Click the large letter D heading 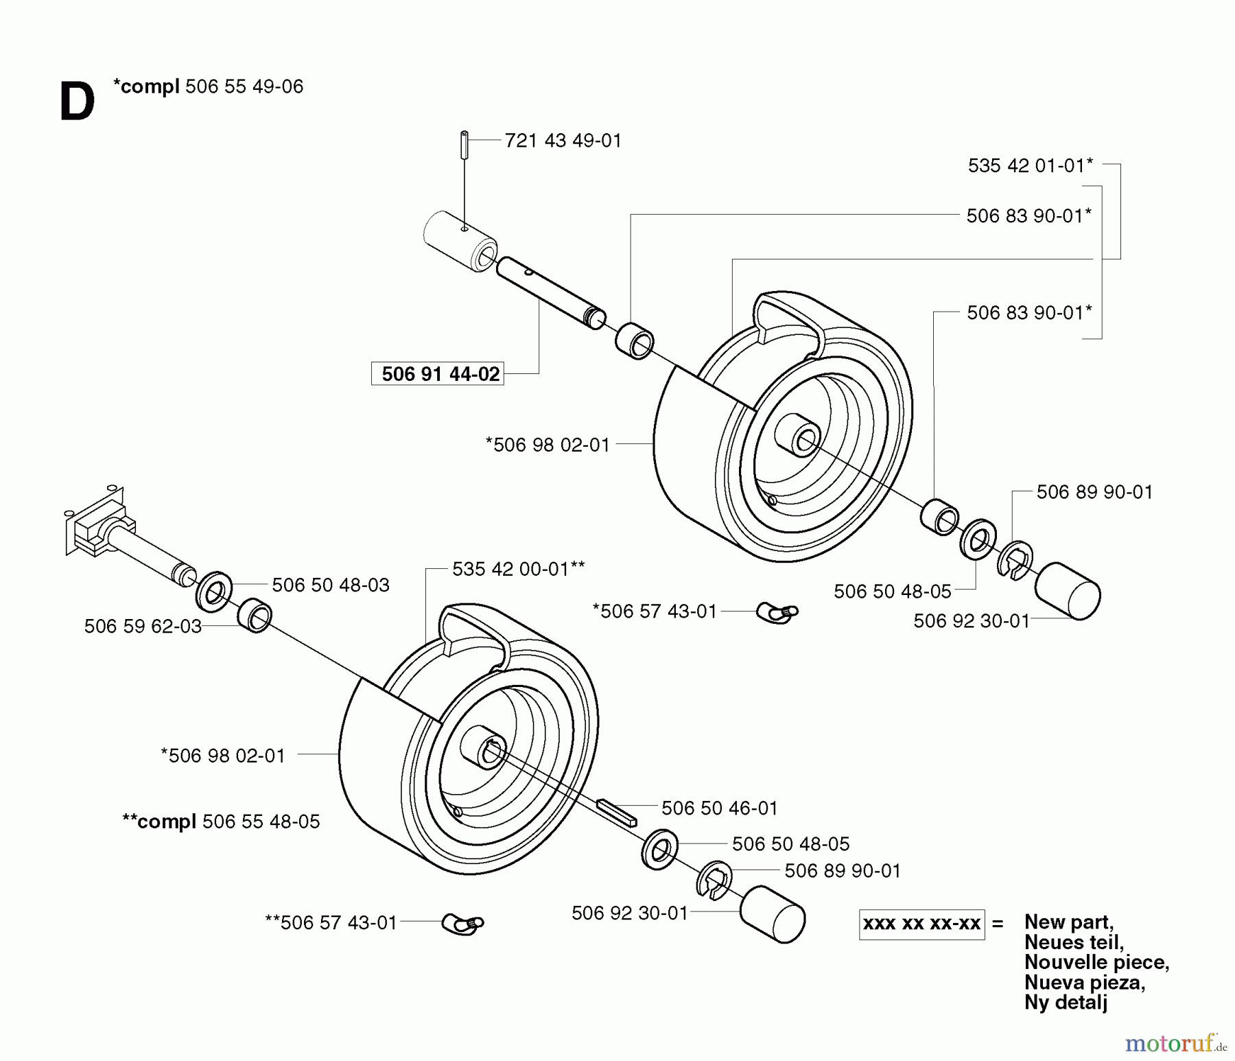click(x=77, y=103)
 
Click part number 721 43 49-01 click(x=563, y=141)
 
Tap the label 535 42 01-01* click(x=1030, y=165)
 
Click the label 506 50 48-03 click(x=330, y=585)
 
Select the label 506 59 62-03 click(x=143, y=626)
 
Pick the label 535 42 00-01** click(x=518, y=569)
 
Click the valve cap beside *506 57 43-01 click(x=777, y=612)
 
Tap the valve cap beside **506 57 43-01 click(x=462, y=924)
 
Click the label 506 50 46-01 click(x=719, y=808)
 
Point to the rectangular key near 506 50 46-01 click(x=616, y=813)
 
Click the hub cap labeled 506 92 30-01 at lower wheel click(x=773, y=914)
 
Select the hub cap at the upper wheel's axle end click(x=1067, y=591)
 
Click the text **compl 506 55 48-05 click(x=221, y=821)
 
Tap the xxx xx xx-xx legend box click(x=921, y=924)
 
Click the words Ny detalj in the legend click(x=1066, y=1002)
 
